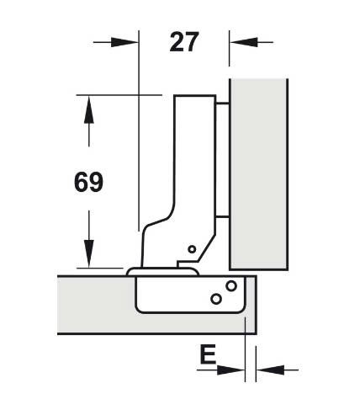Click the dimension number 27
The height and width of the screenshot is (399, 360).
(x=184, y=42)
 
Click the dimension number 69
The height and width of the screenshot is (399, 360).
(x=88, y=182)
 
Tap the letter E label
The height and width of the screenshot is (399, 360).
(x=208, y=354)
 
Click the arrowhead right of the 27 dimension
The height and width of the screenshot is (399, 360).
(x=243, y=42)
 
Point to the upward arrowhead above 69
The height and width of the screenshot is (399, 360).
(x=89, y=109)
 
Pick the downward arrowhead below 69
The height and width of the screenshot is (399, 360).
(x=89, y=253)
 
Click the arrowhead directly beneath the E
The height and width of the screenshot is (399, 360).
(x=230, y=370)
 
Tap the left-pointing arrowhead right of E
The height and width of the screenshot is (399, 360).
(x=270, y=370)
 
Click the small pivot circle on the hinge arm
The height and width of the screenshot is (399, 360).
(x=192, y=249)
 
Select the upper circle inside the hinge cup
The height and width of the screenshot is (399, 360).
(x=231, y=286)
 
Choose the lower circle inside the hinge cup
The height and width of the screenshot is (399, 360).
(x=216, y=299)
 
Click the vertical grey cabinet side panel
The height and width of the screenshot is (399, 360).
(x=258, y=174)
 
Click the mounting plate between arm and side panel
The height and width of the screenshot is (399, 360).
(x=223, y=160)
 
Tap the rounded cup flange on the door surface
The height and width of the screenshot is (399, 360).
(x=162, y=272)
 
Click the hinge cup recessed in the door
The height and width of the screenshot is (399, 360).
(x=191, y=295)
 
